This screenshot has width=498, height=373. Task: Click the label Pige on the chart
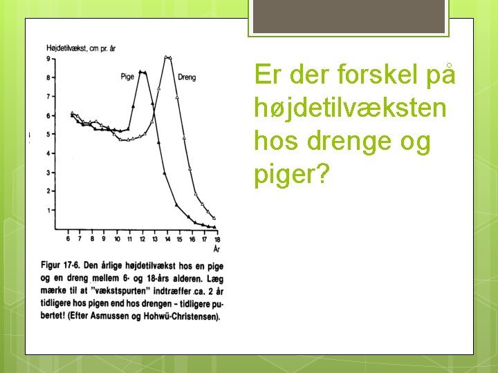point(127,77)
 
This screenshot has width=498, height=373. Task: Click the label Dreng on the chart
point(187,77)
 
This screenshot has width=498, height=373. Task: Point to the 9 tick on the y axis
point(48,59)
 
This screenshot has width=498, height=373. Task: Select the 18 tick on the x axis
point(216,239)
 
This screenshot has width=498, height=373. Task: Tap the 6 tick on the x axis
point(68,239)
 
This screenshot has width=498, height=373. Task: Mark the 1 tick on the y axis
point(48,210)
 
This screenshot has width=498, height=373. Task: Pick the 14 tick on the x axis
point(167,239)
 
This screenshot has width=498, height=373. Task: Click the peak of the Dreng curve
point(167,57)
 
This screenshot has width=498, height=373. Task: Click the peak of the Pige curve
point(142,72)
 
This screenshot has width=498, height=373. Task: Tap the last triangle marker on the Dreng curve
point(214,218)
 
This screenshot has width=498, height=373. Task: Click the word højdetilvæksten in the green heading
point(351,108)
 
